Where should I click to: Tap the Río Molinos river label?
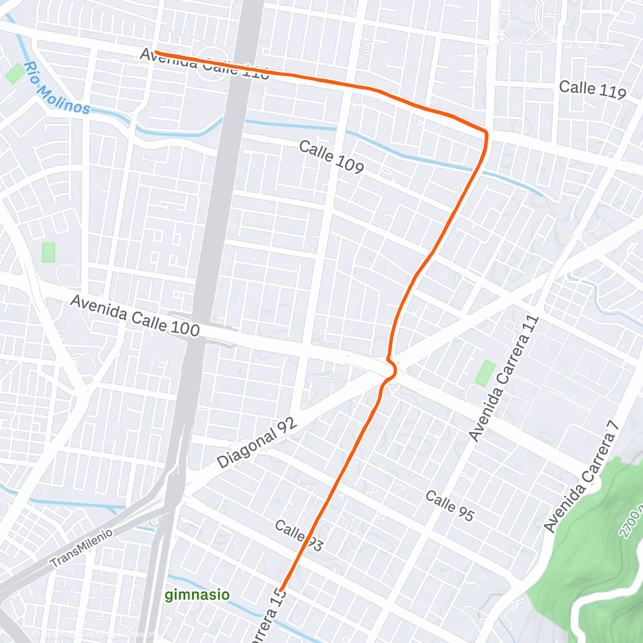point(57,88)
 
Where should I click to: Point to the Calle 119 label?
point(592,89)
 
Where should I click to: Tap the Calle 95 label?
point(449,505)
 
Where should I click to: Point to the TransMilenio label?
point(82,547)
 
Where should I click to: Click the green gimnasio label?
point(197,595)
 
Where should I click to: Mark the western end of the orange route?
point(156,53)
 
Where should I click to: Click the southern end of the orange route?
point(281,589)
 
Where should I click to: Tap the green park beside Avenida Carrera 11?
point(485,373)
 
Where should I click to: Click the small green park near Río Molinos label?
point(14,73)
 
